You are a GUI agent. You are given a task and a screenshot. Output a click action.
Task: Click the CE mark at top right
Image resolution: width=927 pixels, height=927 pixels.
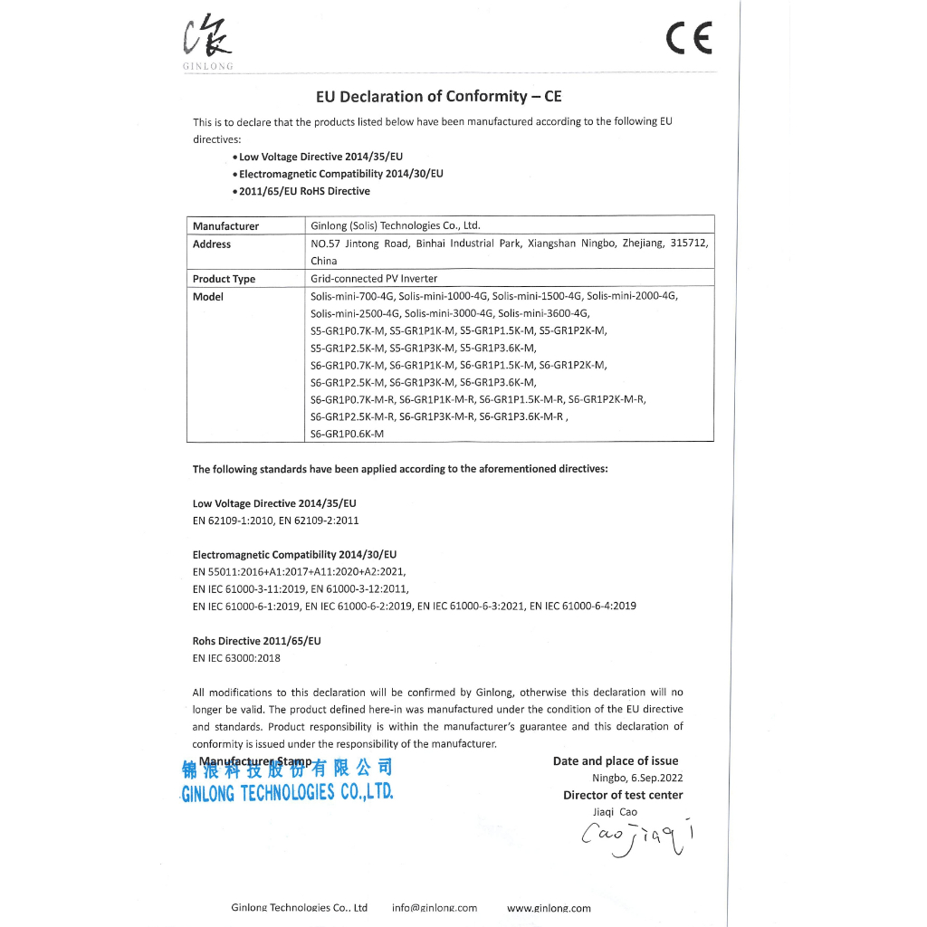click(x=689, y=38)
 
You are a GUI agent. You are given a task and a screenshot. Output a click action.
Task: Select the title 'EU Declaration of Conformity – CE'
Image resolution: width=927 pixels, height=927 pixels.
click(x=439, y=96)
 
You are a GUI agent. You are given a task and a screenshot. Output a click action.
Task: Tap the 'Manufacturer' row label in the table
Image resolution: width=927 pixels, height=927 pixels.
click(x=225, y=226)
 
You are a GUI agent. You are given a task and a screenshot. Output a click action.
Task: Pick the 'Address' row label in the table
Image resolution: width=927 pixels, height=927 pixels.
click(x=212, y=244)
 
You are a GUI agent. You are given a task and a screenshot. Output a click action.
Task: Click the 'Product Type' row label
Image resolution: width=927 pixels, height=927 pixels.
click(x=224, y=279)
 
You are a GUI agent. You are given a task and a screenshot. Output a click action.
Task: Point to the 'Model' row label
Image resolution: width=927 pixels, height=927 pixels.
click(x=208, y=297)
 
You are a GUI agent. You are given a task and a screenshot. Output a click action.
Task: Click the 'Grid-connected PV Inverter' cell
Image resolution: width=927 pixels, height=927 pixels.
click(x=374, y=279)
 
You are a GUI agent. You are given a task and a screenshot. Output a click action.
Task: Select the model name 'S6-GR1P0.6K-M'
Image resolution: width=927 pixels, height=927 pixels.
click(x=348, y=434)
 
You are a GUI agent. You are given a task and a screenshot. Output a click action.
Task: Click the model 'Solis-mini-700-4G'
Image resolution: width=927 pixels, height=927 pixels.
click(x=351, y=296)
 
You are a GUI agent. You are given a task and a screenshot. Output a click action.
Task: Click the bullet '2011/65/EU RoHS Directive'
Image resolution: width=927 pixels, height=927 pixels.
click(x=304, y=191)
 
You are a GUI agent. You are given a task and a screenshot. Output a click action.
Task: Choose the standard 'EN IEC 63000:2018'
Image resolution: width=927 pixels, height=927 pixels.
click(x=236, y=658)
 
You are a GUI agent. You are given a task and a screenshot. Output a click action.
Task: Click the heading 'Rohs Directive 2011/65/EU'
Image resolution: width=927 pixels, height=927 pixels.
click(x=257, y=641)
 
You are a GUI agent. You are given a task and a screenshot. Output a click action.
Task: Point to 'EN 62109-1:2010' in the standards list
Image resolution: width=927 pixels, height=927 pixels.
click(x=233, y=521)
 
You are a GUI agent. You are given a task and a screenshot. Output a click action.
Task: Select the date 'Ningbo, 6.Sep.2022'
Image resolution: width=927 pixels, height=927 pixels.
click(x=637, y=778)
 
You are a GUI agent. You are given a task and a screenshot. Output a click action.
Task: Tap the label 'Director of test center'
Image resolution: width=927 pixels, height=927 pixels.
click(x=623, y=795)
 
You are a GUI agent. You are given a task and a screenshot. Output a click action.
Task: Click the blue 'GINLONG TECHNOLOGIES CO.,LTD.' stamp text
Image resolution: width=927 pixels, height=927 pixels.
click(x=287, y=794)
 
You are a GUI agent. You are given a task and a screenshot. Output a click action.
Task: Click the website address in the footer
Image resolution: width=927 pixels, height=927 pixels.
click(x=549, y=908)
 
